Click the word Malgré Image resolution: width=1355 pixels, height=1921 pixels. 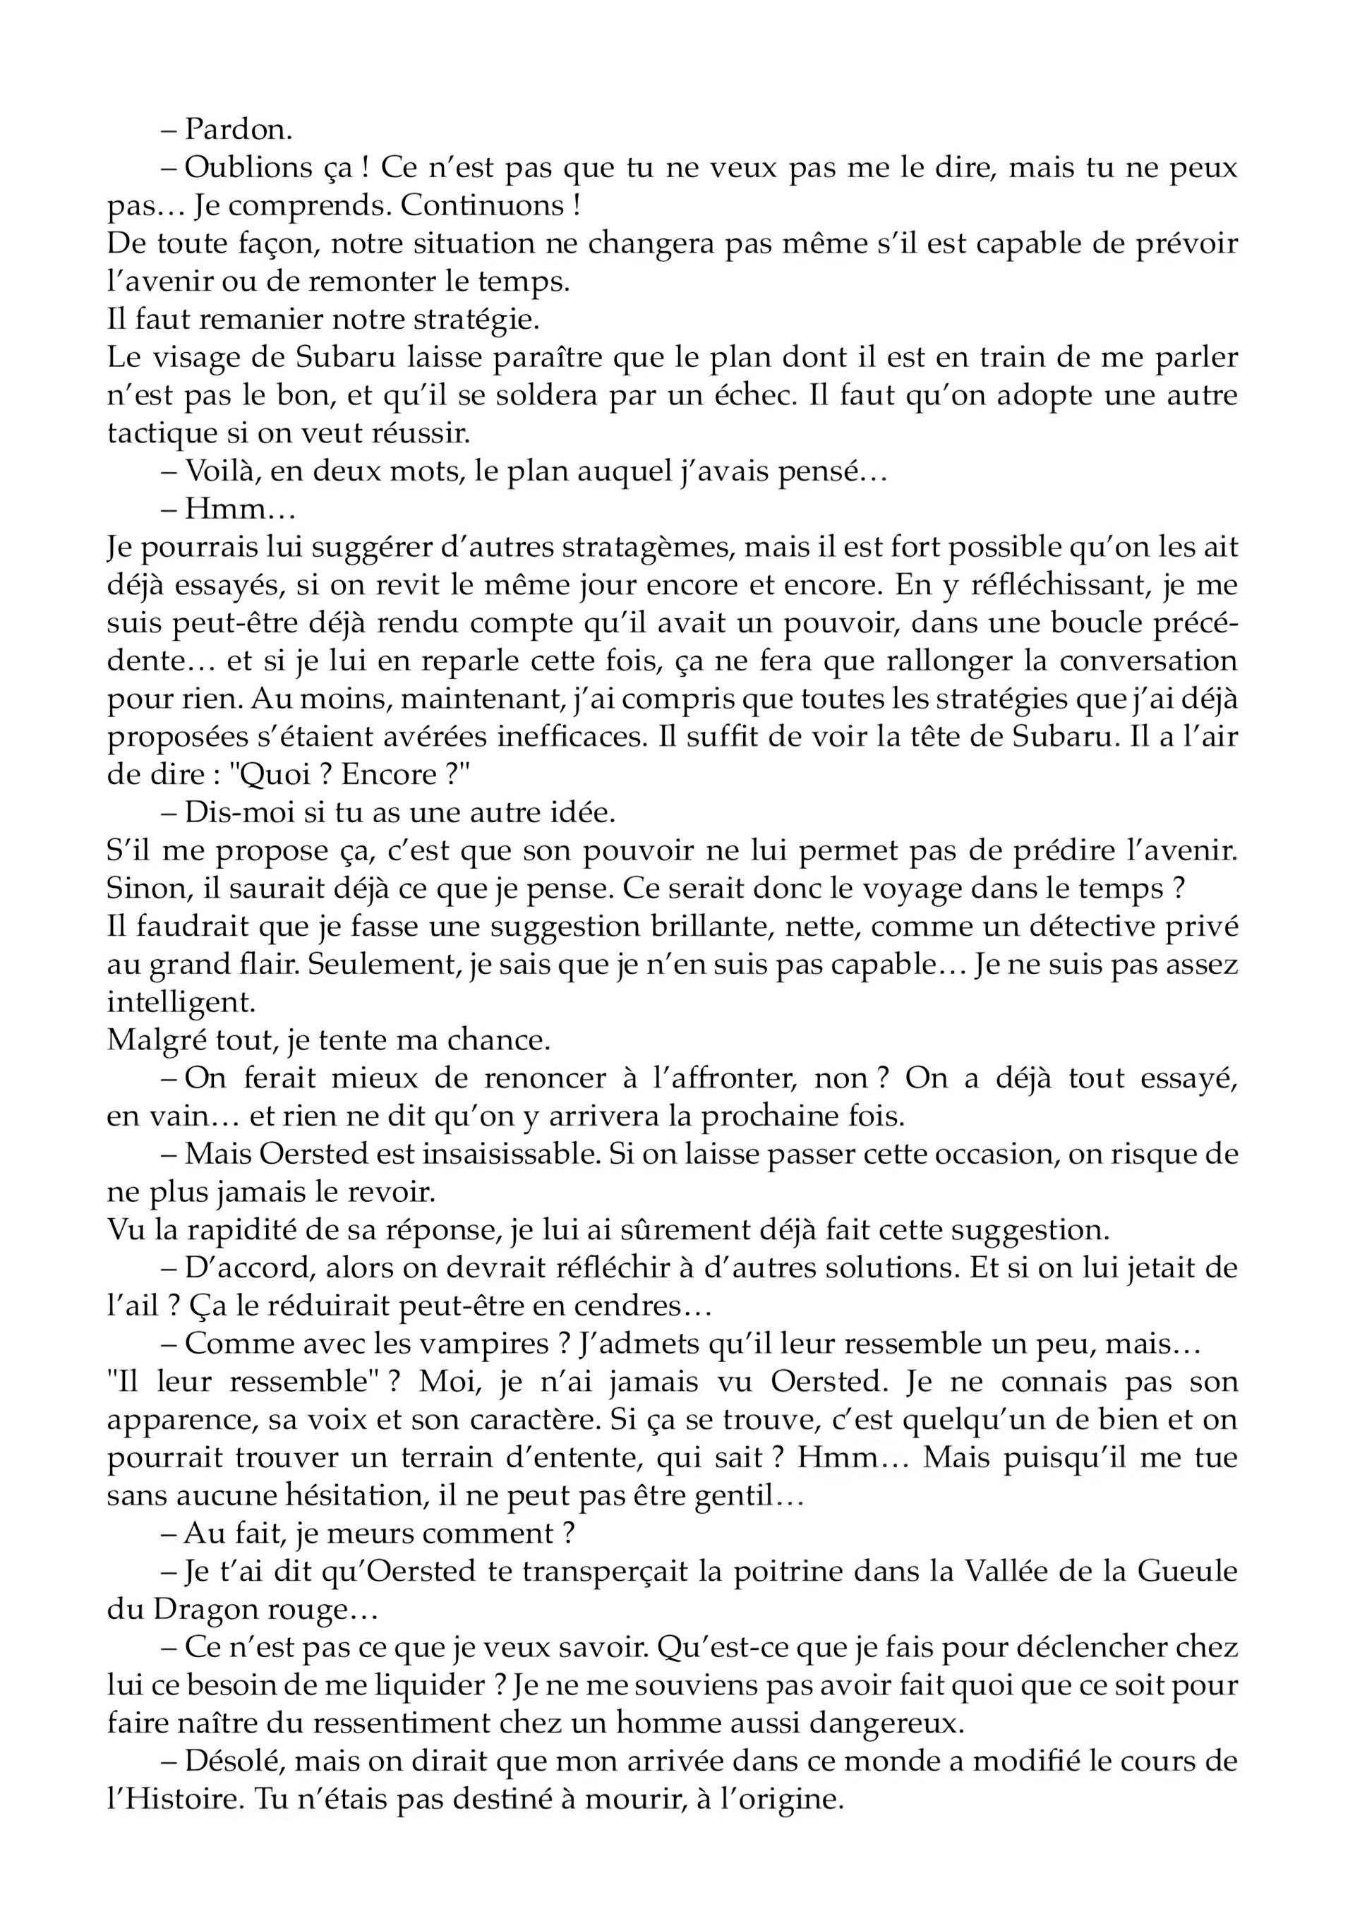click(x=150, y=1040)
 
